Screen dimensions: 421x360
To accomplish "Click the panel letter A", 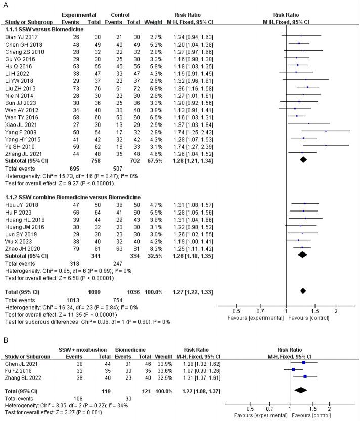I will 6,5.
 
